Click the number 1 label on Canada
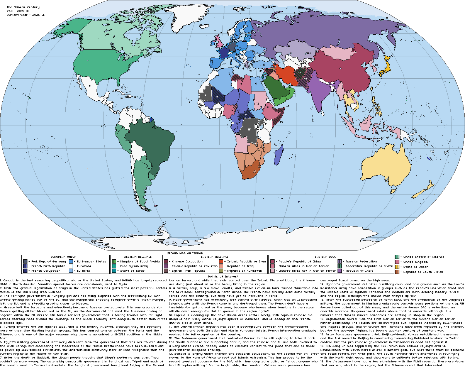[99, 39]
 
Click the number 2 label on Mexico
[90, 86]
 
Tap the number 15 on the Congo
[249, 129]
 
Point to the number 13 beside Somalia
[281, 122]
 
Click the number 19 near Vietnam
[361, 104]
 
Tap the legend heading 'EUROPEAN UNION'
[63, 257]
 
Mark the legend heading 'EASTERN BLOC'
[325, 257]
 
